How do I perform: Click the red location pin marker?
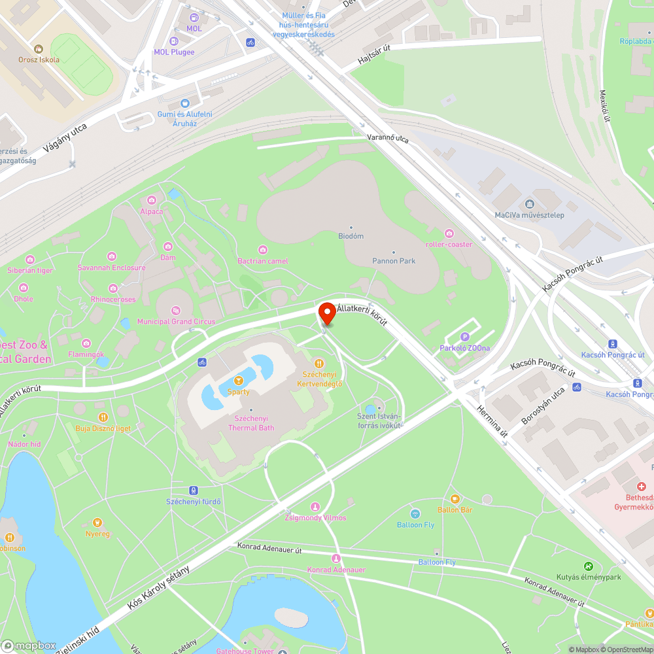click(x=326, y=313)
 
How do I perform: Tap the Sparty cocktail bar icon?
click(x=238, y=381)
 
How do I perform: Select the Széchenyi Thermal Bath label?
click(x=251, y=422)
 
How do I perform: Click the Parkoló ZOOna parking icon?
click(x=466, y=337)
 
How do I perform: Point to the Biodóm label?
click(x=351, y=235)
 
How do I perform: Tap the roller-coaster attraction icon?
click(x=449, y=233)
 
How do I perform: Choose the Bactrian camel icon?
click(x=263, y=250)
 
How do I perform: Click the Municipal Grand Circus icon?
click(x=175, y=311)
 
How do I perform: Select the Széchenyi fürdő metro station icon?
click(x=194, y=490)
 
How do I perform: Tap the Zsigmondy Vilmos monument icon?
click(x=315, y=507)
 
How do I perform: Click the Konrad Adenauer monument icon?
click(x=336, y=559)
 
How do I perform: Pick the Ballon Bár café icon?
click(x=455, y=499)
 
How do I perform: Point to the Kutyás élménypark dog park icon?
click(x=589, y=566)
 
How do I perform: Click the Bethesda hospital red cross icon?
click(x=642, y=487)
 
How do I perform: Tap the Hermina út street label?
click(x=495, y=432)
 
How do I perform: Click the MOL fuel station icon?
click(x=194, y=18)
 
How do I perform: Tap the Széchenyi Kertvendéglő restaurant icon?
click(x=318, y=364)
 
